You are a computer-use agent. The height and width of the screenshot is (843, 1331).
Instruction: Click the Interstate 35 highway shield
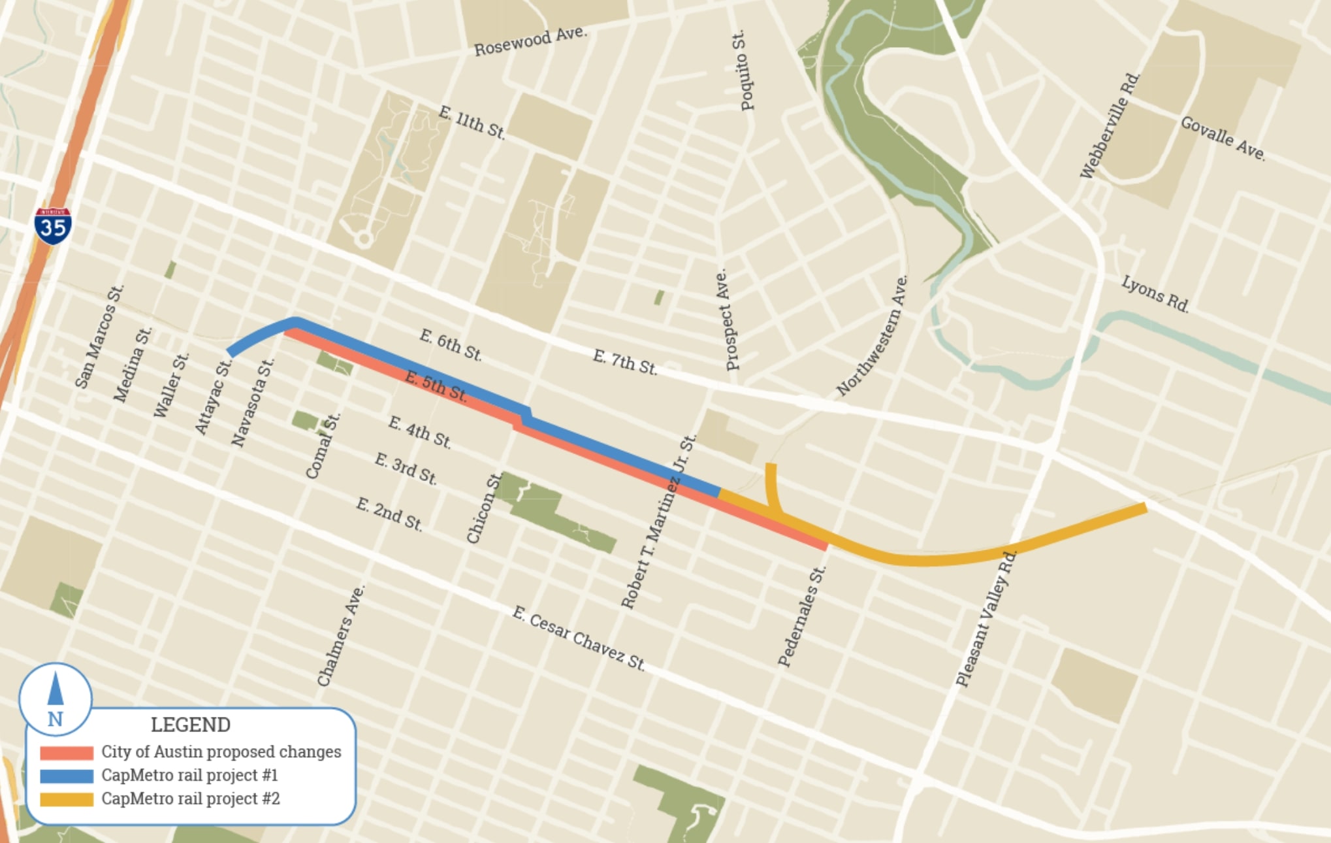tap(53, 226)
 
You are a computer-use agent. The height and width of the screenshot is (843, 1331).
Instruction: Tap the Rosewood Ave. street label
tap(530, 41)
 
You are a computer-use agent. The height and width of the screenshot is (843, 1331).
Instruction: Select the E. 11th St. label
tap(472, 122)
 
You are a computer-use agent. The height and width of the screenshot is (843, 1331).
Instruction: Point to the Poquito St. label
tap(743, 71)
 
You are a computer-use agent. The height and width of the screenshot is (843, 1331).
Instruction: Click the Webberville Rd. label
tap(1110, 125)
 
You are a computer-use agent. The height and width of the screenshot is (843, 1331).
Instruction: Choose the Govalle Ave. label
tap(1223, 139)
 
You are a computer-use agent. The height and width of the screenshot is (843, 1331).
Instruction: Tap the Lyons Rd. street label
tap(1155, 293)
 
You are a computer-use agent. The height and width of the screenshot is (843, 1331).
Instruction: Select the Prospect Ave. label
tap(727, 320)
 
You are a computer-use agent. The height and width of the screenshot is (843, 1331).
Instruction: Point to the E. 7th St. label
tap(624, 361)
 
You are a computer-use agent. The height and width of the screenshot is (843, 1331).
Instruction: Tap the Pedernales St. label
tap(802, 616)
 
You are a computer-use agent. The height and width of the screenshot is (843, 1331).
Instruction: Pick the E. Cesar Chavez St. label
tap(578, 638)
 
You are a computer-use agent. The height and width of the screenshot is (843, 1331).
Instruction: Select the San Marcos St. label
tap(99, 337)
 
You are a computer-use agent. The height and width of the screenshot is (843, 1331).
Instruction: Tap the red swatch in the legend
tap(67, 753)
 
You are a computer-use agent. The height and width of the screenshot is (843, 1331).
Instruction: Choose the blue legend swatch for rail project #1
tap(67, 776)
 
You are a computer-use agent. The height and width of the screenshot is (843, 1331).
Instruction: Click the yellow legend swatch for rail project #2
tap(67, 799)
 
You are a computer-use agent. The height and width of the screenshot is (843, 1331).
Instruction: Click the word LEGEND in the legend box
tap(191, 725)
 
